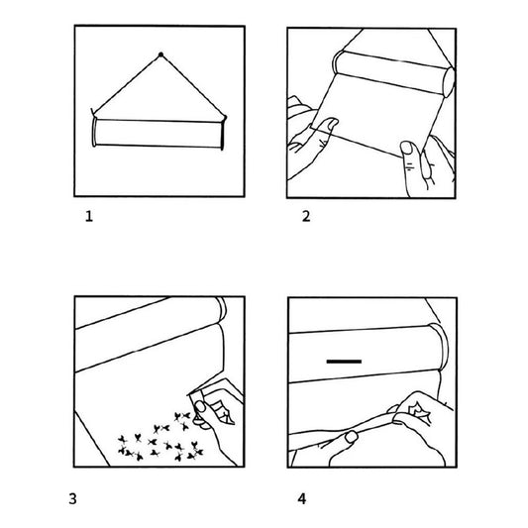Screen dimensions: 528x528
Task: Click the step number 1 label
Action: click(x=89, y=216)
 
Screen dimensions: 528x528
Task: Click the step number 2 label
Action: click(x=306, y=216)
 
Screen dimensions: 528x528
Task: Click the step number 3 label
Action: click(x=72, y=498)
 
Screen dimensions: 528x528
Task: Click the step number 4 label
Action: click(x=302, y=498)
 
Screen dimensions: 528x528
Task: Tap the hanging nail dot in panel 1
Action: click(x=160, y=54)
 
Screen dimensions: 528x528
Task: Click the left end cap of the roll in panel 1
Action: click(x=94, y=132)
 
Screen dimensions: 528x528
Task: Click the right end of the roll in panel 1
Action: click(x=222, y=134)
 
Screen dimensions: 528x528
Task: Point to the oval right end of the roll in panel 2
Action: click(x=449, y=82)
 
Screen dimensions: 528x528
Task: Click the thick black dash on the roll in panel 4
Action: click(x=344, y=362)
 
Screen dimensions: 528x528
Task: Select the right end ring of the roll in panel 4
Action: click(x=441, y=347)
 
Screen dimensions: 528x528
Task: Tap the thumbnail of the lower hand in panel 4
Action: click(x=352, y=437)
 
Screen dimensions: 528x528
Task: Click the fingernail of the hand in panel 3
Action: click(x=200, y=406)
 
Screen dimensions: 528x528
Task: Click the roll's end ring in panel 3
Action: click(x=222, y=309)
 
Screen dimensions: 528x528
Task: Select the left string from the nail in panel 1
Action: click(x=127, y=84)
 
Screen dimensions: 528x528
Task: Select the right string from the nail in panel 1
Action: click(x=192, y=85)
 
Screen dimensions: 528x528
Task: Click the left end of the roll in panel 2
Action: click(x=338, y=62)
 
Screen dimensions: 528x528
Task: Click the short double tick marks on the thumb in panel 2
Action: click(x=409, y=167)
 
